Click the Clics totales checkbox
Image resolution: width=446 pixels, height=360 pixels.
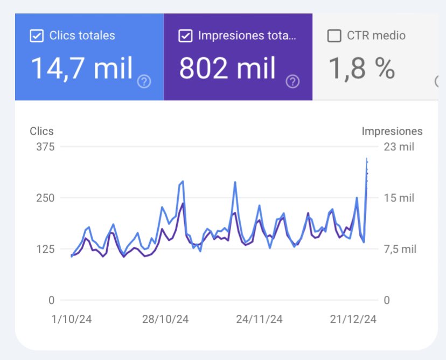point(37,36)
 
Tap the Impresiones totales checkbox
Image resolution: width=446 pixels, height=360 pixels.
point(185,36)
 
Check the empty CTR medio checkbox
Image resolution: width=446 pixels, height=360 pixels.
point(334,36)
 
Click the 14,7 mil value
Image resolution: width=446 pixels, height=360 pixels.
point(82,68)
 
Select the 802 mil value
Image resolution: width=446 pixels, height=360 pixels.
point(227,68)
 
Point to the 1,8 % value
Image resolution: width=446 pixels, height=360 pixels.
point(362,68)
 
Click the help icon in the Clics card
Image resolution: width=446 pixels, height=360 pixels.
point(144,82)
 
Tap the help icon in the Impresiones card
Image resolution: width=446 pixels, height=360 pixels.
point(292,82)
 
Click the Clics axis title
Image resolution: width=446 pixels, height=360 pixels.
point(41,131)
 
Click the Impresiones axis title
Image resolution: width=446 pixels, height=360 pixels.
point(392,131)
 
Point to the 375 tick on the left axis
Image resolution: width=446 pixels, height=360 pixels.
point(45,147)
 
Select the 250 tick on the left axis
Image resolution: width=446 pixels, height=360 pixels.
point(45,198)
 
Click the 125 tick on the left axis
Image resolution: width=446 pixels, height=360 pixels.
point(45,249)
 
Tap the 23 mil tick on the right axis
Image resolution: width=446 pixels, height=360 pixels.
point(399,147)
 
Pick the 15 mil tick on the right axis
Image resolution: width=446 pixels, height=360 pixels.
point(399,198)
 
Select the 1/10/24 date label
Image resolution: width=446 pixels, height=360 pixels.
point(71,319)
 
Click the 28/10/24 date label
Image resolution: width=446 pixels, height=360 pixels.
point(165,319)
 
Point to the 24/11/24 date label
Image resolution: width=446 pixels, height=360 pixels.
point(259,319)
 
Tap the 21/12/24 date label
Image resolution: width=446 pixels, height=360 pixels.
point(353,319)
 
